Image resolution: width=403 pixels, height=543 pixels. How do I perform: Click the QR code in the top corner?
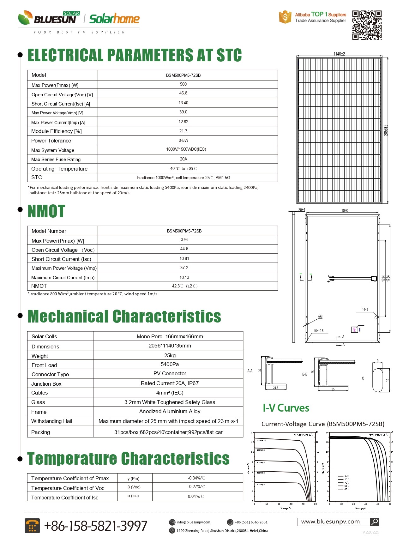[x=367, y=25]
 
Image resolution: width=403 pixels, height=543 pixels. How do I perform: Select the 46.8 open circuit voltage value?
[x=183, y=93]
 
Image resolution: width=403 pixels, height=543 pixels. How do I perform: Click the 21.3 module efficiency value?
[x=183, y=131]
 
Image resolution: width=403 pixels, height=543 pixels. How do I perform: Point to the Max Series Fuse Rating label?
[x=56, y=160]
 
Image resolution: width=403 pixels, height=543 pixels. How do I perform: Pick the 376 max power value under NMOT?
[x=184, y=240]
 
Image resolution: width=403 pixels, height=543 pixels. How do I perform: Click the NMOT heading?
[x=46, y=211]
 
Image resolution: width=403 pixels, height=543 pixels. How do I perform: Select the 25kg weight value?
[x=170, y=355]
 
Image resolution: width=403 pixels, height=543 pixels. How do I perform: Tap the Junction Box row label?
[x=46, y=384]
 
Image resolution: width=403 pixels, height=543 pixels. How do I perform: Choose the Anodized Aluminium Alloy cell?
[x=170, y=411]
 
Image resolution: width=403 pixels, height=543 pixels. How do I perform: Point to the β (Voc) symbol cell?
[x=134, y=487]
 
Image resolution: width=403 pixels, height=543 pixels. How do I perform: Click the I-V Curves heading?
[x=286, y=408]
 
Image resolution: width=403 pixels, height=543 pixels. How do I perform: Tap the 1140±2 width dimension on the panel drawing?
[x=339, y=54]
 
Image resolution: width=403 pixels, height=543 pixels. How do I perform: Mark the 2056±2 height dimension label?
[x=386, y=130]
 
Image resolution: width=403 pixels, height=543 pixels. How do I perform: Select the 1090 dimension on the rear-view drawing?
[x=345, y=211]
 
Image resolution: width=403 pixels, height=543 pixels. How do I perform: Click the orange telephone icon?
[x=32, y=526]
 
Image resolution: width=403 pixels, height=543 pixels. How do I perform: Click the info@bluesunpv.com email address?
[x=193, y=522]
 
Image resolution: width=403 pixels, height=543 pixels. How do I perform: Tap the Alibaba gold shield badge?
[x=285, y=17]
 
